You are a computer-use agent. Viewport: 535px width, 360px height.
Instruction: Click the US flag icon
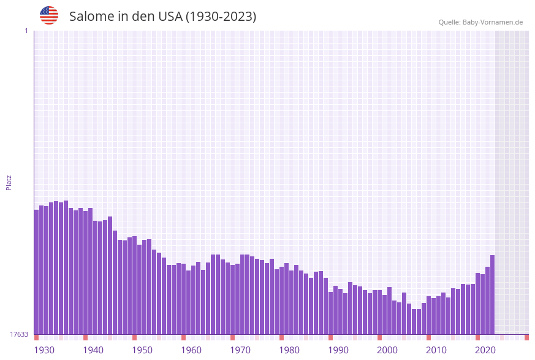click(x=49, y=15)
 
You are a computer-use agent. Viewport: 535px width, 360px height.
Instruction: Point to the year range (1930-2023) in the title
click(x=221, y=17)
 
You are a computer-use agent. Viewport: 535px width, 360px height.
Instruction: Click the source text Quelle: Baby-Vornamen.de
click(x=480, y=22)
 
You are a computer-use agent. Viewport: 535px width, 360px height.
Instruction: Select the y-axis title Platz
click(x=9, y=182)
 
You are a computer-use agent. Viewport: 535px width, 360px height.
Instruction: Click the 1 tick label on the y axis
click(x=26, y=31)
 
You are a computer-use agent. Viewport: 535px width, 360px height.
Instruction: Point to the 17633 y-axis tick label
click(x=19, y=334)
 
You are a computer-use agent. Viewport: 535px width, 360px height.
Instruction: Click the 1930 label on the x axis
click(x=44, y=350)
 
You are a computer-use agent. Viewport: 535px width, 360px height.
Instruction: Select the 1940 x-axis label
click(x=93, y=350)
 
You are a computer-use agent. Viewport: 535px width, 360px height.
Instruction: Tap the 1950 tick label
click(x=142, y=350)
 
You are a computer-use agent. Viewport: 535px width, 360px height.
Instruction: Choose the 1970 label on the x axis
click(x=240, y=350)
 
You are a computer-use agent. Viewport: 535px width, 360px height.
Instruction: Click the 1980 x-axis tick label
click(x=289, y=350)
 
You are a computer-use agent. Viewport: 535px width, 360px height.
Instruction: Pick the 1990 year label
click(x=338, y=350)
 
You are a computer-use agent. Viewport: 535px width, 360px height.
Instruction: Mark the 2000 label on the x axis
click(x=387, y=350)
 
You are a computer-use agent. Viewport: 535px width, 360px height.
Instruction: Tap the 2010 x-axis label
click(x=436, y=350)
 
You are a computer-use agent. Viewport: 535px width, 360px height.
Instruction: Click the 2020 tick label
click(x=485, y=350)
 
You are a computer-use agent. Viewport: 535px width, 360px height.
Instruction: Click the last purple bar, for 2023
click(x=492, y=294)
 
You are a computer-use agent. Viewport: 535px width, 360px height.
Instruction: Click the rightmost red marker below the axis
click(x=526, y=337)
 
